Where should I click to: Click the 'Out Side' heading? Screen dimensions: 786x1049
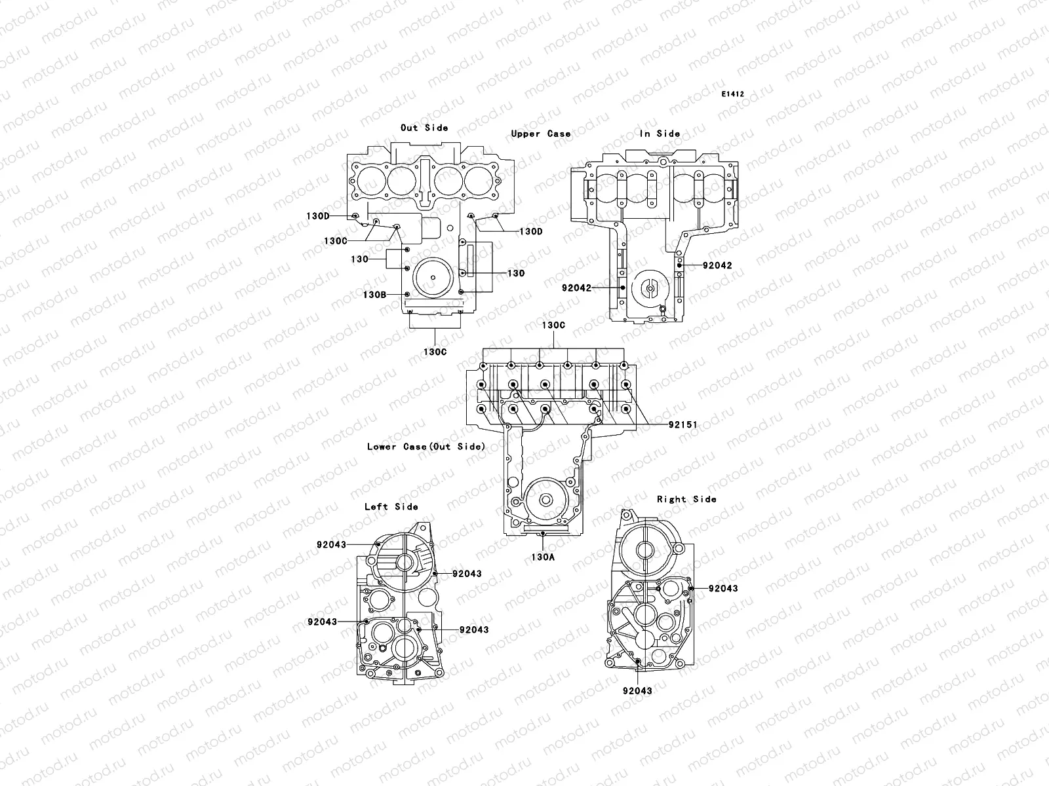click(x=424, y=128)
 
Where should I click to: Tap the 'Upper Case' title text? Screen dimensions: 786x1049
click(x=541, y=134)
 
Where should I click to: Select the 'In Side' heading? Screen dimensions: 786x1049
click(x=660, y=134)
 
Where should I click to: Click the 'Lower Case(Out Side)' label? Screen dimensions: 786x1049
click(x=426, y=447)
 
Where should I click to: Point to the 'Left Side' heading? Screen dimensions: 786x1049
click(x=391, y=506)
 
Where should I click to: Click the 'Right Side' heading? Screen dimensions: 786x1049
click(x=686, y=499)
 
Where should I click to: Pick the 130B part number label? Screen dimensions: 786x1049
click(x=374, y=295)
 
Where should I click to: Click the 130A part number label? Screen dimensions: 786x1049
click(x=543, y=557)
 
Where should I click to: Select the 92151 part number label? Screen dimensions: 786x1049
click(x=683, y=425)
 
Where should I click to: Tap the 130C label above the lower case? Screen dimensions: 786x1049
click(x=553, y=325)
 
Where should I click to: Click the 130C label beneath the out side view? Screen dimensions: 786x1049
click(x=435, y=352)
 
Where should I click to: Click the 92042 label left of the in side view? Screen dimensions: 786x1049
click(x=576, y=288)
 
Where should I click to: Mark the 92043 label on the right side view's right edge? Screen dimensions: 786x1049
click(x=723, y=588)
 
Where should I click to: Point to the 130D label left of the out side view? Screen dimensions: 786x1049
click(x=318, y=216)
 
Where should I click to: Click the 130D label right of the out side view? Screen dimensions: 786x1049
click(x=531, y=231)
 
